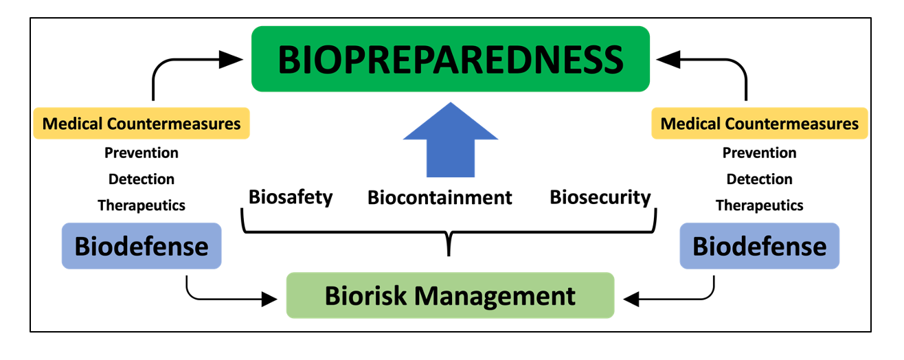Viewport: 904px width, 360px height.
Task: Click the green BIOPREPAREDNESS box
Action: (451, 59)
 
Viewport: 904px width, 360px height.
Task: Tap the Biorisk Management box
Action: (450, 295)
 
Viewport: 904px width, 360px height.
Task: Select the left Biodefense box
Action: (142, 246)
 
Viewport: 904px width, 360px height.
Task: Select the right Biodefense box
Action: (759, 246)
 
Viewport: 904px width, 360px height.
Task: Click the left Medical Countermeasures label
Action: (142, 124)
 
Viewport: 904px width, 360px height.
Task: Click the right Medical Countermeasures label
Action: (759, 124)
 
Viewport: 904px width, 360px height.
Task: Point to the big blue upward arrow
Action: (450, 141)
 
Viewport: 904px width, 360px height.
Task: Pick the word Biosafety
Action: (291, 198)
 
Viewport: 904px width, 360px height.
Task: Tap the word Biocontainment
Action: (440, 198)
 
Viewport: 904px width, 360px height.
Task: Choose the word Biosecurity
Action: (600, 198)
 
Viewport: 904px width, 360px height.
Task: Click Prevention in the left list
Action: (142, 153)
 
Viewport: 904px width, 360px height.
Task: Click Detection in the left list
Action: (142, 179)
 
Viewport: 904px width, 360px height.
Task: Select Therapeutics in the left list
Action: (142, 205)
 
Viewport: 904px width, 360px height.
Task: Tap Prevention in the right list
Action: (759, 153)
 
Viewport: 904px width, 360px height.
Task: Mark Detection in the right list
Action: (759, 179)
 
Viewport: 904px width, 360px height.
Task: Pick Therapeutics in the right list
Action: (759, 205)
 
